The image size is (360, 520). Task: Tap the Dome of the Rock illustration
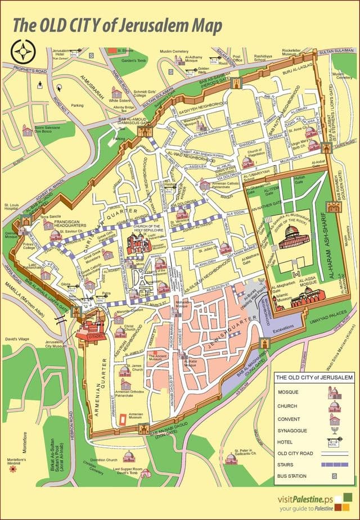pos(291,238)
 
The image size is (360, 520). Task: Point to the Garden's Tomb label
pos(133,60)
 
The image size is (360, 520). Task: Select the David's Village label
pos(16,340)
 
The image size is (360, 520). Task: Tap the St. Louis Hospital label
pos(12,207)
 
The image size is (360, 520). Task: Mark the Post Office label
pos(237,59)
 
